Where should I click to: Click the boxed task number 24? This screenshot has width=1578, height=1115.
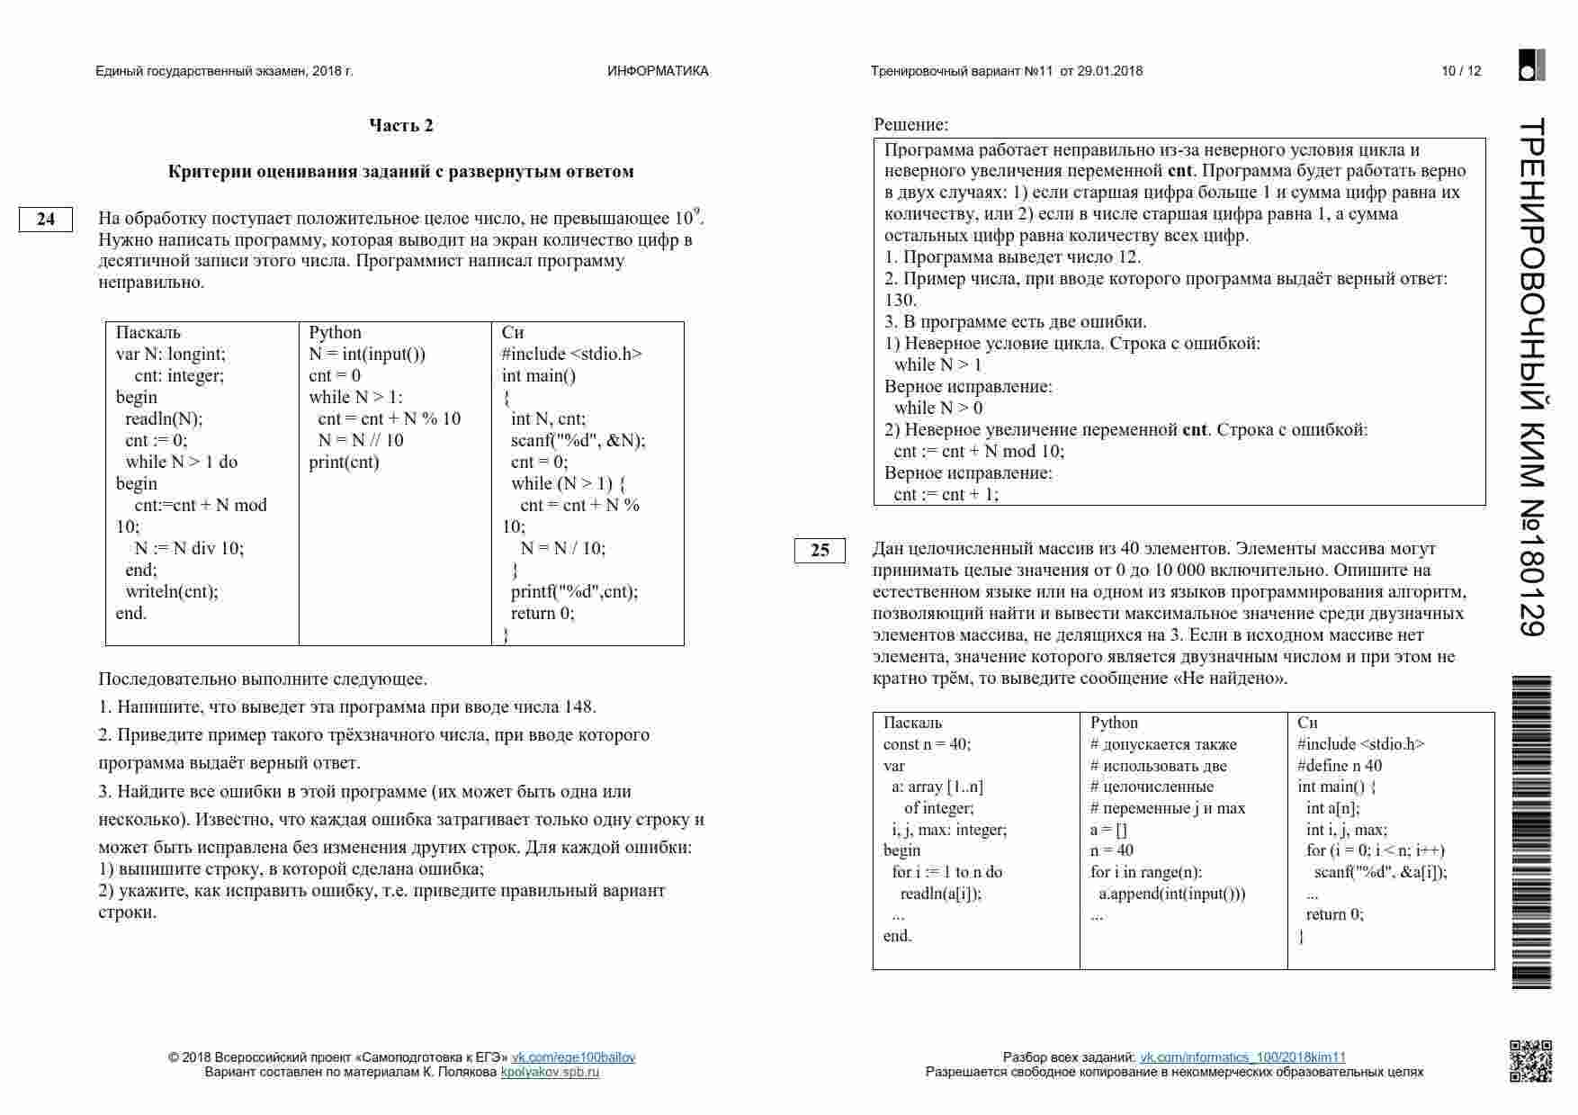click(x=45, y=220)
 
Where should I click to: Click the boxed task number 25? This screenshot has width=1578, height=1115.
click(x=820, y=550)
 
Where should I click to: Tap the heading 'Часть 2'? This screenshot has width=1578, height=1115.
click(x=401, y=125)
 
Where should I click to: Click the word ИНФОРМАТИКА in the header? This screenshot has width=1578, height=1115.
click(x=658, y=71)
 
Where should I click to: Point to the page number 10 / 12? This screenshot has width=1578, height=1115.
click(x=1461, y=71)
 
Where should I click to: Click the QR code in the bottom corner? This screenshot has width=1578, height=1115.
click(x=1529, y=1061)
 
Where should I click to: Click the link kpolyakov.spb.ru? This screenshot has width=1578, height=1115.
click(x=550, y=1072)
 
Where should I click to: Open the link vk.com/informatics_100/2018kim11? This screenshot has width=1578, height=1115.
click(x=1242, y=1057)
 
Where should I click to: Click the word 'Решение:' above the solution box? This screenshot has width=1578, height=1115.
click(x=911, y=125)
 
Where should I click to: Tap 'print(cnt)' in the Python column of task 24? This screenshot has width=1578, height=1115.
click(x=345, y=463)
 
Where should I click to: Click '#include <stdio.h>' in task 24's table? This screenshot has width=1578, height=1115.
click(x=572, y=354)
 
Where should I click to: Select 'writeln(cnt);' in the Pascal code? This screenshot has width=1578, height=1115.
click(x=172, y=591)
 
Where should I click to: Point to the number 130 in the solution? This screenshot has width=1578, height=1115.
click(x=901, y=300)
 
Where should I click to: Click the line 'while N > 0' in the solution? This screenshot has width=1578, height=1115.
click(x=938, y=408)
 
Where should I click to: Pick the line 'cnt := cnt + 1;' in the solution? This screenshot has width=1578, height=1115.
click(x=946, y=494)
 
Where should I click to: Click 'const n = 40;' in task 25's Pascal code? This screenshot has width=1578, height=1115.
click(x=928, y=744)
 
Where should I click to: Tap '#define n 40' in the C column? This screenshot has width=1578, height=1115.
click(x=1340, y=766)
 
